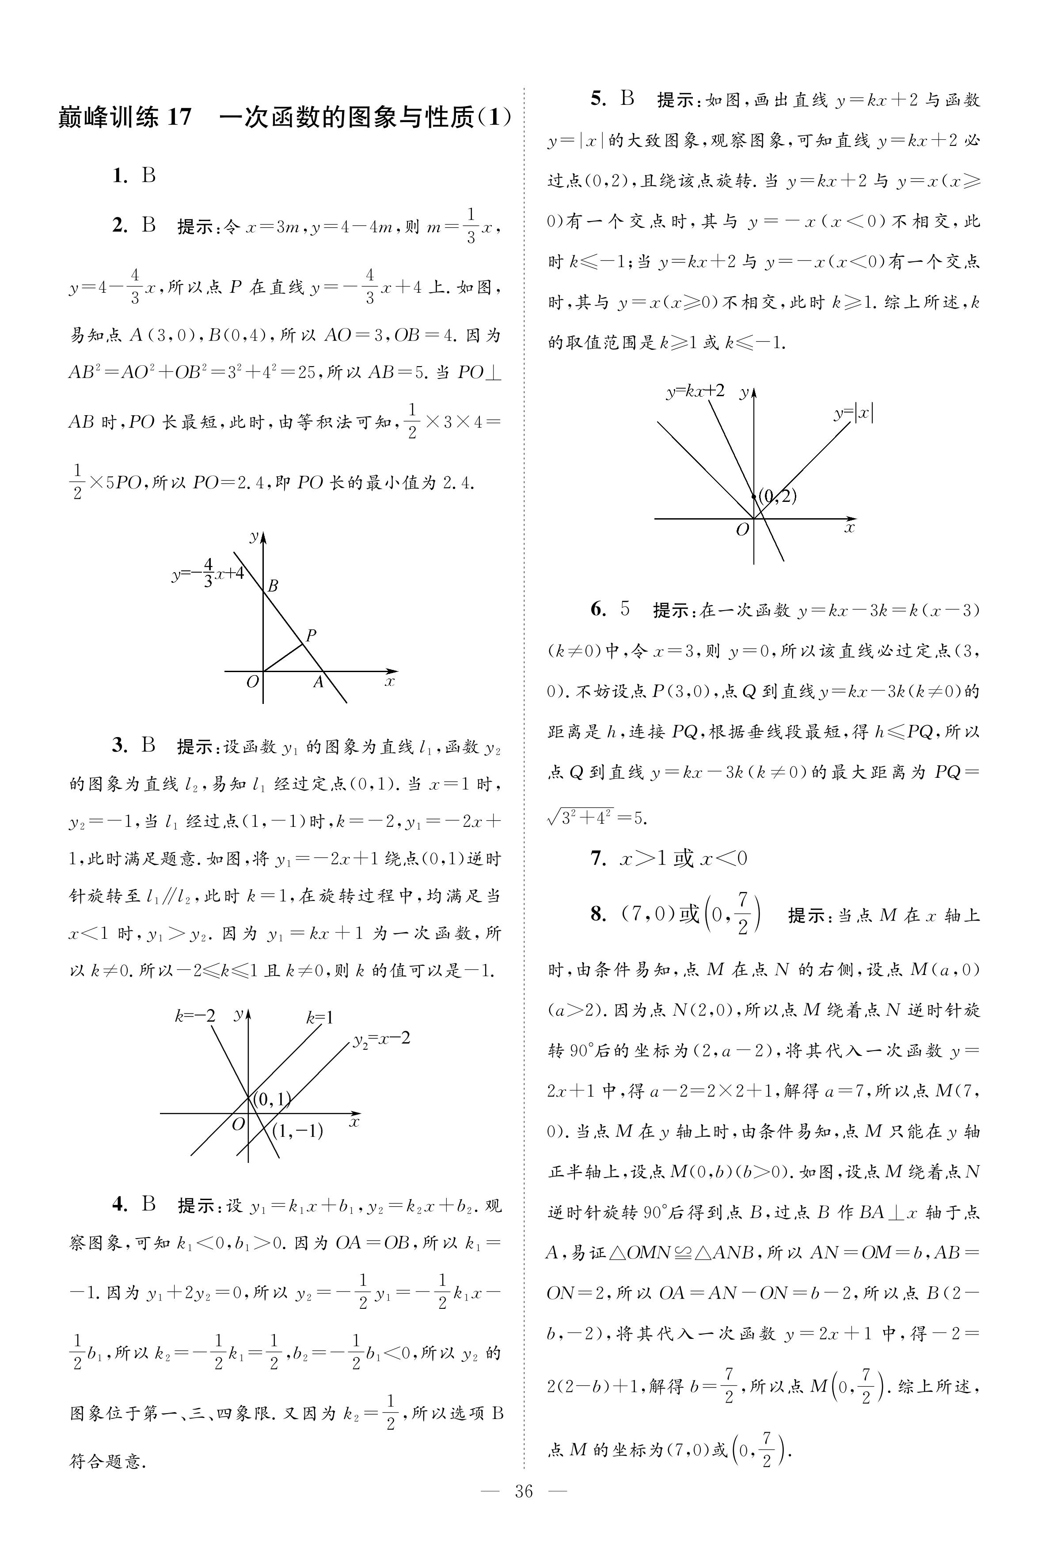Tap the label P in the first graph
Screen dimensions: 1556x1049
tap(311, 635)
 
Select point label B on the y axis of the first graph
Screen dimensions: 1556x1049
tap(272, 585)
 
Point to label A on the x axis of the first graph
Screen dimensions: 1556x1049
tap(319, 682)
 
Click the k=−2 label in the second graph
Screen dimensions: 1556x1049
tap(195, 1016)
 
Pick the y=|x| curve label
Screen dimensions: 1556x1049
tap(854, 413)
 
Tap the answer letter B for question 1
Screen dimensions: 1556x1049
tap(148, 176)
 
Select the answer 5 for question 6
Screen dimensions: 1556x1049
tap(625, 609)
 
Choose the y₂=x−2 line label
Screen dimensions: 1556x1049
tap(381, 1040)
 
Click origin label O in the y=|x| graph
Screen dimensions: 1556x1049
tap(742, 530)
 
